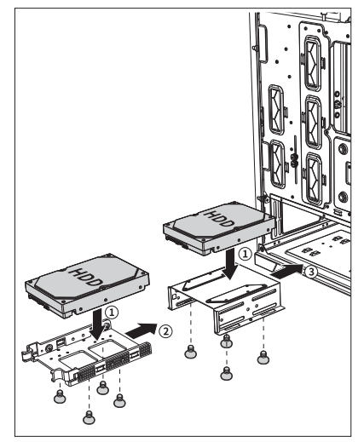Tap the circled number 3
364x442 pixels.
coord(312,272)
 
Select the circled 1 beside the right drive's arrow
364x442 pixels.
coord(244,253)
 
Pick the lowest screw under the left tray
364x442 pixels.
coord(87,416)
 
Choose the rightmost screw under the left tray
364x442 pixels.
coord(120,395)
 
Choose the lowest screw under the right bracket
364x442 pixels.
coord(225,372)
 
